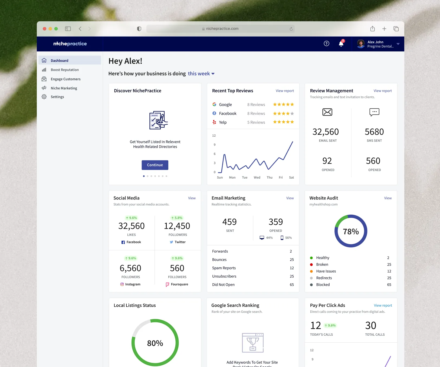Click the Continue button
tap(155, 165)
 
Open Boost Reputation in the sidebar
tap(65, 70)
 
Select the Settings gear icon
tap(44, 97)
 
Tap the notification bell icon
tap(341, 43)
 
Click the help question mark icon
tap(327, 44)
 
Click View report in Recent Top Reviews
tap(285, 91)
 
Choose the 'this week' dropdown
tap(201, 74)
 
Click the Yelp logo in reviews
tap(214, 122)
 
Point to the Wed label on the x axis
tap(257, 178)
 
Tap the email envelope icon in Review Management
tap(327, 112)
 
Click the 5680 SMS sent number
tap(374, 132)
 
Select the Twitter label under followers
tap(180, 242)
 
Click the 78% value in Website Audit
tap(351, 232)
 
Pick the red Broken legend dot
tap(311, 264)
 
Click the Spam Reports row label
tap(224, 268)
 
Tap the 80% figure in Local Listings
tap(155, 343)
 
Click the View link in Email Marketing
tap(290, 198)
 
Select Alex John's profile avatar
tap(361, 44)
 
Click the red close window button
tap(45, 29)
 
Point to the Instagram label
tap(133, 284)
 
